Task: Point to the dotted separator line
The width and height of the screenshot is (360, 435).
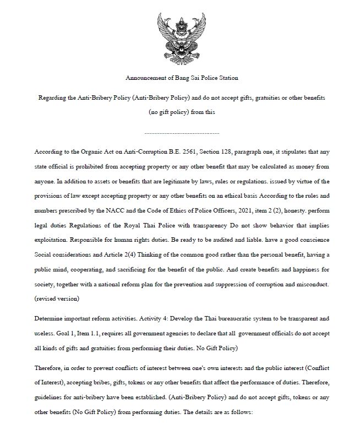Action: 182,133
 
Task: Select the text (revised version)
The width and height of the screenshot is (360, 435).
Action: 56,299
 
